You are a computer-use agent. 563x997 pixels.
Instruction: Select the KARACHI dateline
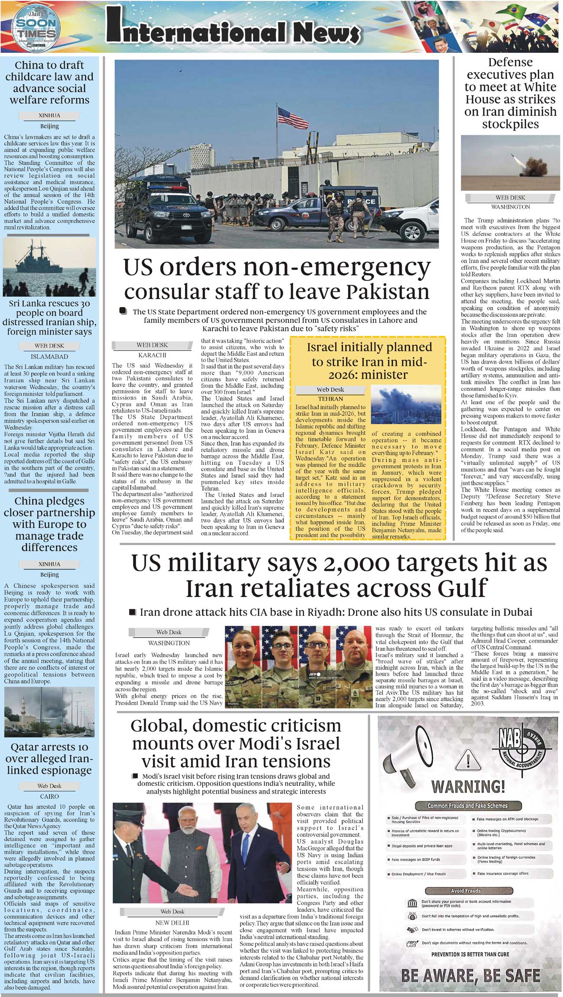point(152,355)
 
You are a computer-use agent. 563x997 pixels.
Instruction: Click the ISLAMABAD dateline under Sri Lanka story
point(49,357)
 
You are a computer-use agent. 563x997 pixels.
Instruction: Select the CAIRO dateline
point(49,796)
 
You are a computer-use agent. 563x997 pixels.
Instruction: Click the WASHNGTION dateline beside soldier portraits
point(169,643)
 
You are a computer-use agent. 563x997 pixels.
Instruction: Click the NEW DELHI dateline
point(172,923)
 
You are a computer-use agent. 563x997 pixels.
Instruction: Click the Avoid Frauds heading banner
point(466,891)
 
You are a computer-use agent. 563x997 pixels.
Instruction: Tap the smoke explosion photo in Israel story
point(397,405)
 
